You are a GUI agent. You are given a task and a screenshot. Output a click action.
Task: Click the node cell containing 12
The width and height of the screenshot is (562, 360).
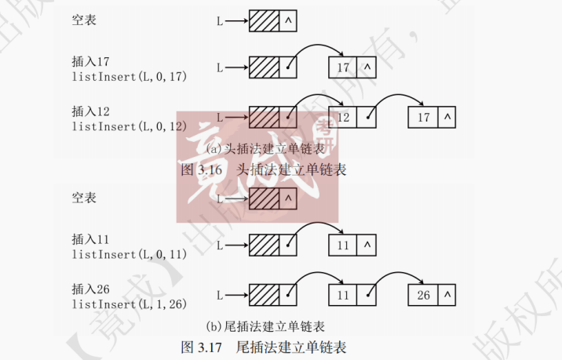pyautogui.click(x=342, y=118)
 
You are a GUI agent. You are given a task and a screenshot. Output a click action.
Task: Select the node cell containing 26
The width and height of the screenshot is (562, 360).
pyautogui.click(x=423, y=296)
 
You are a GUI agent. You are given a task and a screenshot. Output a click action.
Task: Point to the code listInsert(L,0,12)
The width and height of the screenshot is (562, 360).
pyautogui.click(x=130, y=125)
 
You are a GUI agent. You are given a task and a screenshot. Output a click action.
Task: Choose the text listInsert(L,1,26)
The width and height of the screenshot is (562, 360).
pyautogui.click(x=130, y=303)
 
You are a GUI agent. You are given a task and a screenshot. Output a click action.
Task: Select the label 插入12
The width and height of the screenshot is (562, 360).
pyautogui.click(x=89, y=111)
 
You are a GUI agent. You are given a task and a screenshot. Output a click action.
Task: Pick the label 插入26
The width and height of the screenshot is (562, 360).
pyautogui.click(x=89, y=288)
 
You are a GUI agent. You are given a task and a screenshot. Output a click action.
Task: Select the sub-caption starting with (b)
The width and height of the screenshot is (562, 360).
pyautogui.click(x=265, y=325)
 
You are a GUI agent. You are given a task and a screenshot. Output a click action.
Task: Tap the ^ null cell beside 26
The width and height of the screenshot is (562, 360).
pyautogui.click(x=447, y=296)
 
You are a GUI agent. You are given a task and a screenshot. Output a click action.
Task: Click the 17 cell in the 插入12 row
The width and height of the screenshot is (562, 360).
pyautogui.click(x=423, y=118)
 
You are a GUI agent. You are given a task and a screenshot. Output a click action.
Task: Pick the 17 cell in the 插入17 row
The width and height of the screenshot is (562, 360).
pyautogui.click(x=342, y=67)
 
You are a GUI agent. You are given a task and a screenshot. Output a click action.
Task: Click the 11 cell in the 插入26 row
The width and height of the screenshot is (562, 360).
pyautogui.click(x=342, y=296)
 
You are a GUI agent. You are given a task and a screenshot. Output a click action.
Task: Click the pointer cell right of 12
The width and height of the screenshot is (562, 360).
pyautogui.click(x=367, y=118)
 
